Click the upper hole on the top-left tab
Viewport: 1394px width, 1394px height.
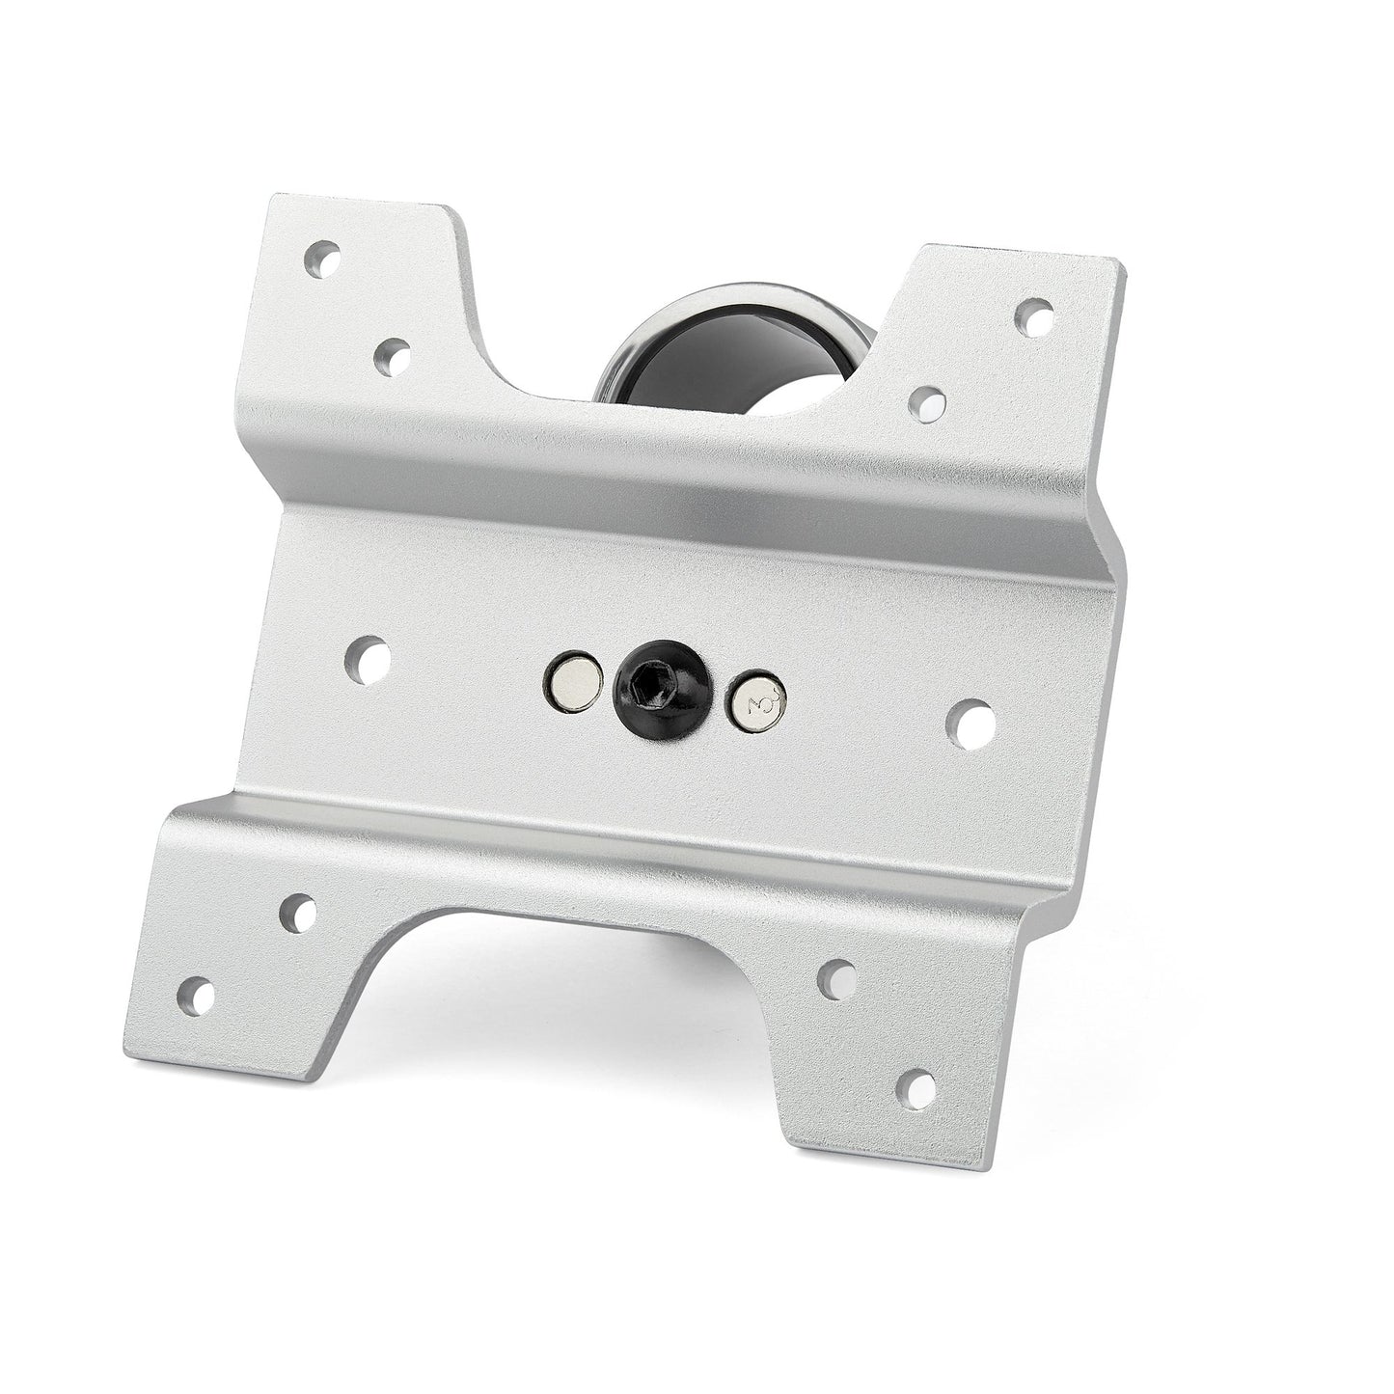[322, 260]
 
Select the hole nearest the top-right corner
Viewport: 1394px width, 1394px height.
[1034, 316]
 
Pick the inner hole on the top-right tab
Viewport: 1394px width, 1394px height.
[927, 403]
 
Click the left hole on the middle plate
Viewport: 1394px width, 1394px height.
[369, 660]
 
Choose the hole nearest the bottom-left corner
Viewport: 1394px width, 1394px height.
[197, 996]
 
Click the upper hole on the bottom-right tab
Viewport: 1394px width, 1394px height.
[836, 979]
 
